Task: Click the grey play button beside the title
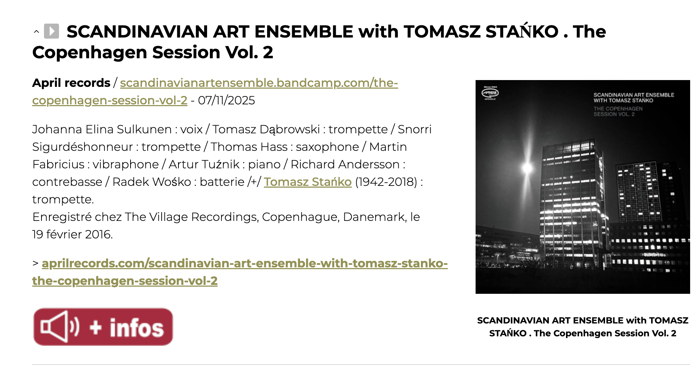click(x=51, y=31)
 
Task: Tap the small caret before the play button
click(x=36, y=32)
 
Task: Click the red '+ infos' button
click(x=103, y=327)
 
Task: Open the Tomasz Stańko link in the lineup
click(x=308, y=182)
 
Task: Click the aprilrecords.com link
click(x=240, y=272)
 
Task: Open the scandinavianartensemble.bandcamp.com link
click(x=215, y=91)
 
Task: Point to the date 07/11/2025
click(x=226, y=100)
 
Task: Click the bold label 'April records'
click(x=71, y=83)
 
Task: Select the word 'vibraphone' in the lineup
click(x=126, y=164)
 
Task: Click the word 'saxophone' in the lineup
click(x=328, y=147)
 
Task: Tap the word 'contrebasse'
click(x=67, y=182)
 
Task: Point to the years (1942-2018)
click(x=386, y=182)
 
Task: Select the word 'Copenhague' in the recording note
click(x=301, y=217)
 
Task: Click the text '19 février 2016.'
click(x=73, y=234)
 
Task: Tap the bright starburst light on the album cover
click(x=527, y=167)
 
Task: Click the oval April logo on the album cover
click(x=490, y=93)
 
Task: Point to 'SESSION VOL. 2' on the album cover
click(x=614, y=114)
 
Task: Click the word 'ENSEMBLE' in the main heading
click(x=304, y=31)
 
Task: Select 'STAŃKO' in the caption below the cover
click(x=508, y=333)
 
